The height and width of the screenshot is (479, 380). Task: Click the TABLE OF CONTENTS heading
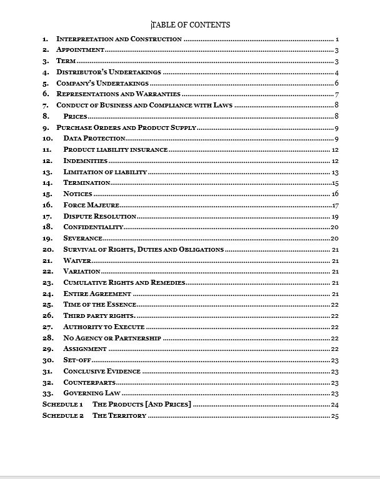click(x=191, y=25)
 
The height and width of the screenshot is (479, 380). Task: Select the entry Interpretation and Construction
click(x=119, y=39)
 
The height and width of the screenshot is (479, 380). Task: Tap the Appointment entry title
click(x=80, y=50)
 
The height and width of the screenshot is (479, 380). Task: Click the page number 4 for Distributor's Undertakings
click(x=336, y=72)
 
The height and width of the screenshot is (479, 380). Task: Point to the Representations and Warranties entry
click(x=114, y=94)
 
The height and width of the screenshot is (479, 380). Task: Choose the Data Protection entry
click(x=94, y=139)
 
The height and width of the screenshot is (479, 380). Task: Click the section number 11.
click(x=47, y=150)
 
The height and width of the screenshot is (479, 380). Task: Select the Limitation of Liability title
click(x=105, y=172)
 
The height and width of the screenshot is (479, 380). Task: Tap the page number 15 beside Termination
click(x=335, y=183)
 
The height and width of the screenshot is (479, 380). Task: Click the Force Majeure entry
click(x=91, y=205)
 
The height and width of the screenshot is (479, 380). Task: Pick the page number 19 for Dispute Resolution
click(x=335, y=216)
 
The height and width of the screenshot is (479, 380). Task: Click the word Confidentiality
click(x=93, y=227)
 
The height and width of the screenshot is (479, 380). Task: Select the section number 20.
click(x=47, y=250)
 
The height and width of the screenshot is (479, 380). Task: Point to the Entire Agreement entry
click(x=97, y=294)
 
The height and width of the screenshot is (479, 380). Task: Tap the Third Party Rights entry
click(x=99, y=316)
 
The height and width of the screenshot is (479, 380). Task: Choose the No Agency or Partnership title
click(x=112, y=338)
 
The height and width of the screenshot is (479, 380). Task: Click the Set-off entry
click(x=77, y=360)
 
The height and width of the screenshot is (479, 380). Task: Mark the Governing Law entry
click(x=92, y=393)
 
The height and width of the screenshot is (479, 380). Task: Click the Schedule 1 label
click(x=62, y=405)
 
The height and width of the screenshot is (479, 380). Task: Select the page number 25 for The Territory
click(x=334, y=416)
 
